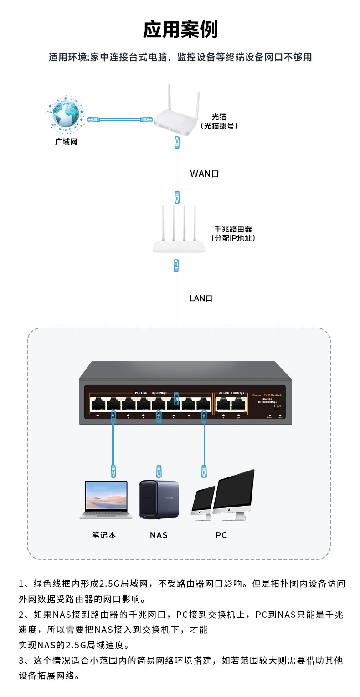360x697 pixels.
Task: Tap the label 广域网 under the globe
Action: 67,142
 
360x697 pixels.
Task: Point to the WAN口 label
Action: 205,174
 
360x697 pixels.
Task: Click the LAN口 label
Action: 201,298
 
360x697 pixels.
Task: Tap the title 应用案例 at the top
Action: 180,30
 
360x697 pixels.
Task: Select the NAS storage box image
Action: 159,499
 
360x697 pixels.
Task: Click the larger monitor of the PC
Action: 233,492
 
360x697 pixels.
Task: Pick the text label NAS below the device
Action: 159,535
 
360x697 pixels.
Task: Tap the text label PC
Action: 221,535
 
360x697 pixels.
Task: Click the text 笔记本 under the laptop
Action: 104,535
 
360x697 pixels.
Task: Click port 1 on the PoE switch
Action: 98,404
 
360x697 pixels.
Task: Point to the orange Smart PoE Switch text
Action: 267,395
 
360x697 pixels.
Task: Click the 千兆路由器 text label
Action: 233,229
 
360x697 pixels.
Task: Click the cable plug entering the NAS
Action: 159,471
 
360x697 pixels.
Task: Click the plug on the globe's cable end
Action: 93,119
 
